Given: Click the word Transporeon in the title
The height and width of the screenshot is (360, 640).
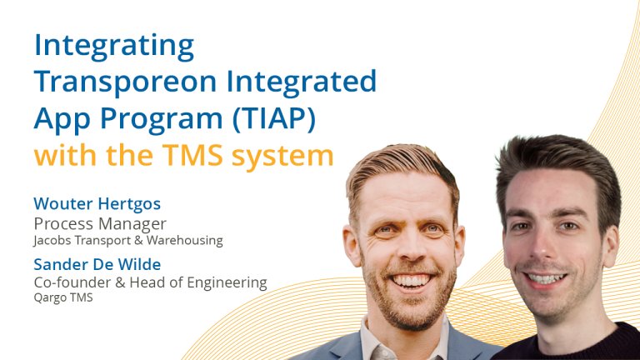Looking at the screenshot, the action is pos(125,82).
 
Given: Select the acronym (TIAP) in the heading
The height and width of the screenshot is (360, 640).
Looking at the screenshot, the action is pos(274,119).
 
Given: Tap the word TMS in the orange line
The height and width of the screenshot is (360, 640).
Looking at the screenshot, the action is pos(192,156).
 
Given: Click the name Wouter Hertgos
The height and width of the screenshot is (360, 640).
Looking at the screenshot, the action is pos(97,203).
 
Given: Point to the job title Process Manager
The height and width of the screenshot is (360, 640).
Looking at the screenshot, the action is pos(100,224).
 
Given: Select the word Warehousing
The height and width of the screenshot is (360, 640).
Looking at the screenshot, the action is pos(185,240).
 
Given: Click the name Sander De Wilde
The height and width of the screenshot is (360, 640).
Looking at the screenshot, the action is pos(97,264).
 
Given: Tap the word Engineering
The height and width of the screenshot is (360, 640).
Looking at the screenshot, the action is pos(227,282).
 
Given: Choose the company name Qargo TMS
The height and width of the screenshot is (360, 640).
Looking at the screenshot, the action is pos(63,297).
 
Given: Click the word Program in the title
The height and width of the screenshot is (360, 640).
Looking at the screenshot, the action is pos(161,120).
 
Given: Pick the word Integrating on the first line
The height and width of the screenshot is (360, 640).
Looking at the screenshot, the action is pos(114,46).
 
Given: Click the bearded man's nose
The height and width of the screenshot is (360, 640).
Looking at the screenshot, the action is pos(410,249).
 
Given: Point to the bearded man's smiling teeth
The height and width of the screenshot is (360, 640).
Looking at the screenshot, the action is pos(411,280).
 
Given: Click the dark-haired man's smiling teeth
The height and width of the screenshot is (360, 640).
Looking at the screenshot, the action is pos(546,279).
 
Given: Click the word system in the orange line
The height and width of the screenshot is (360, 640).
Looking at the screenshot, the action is pos(282,157).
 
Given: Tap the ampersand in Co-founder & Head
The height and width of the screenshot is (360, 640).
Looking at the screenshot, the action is pos(120,282).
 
